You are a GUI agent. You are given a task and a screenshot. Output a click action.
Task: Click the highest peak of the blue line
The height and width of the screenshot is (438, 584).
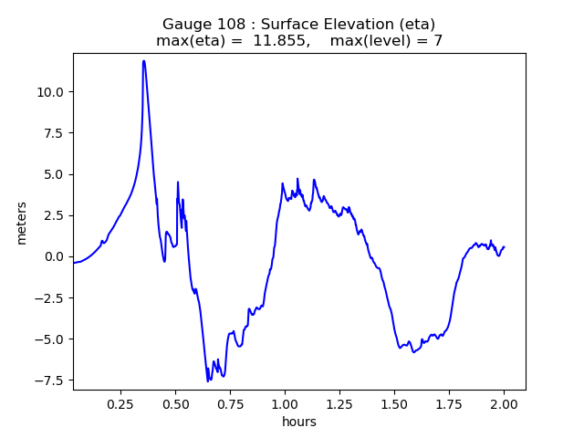click(144, 61)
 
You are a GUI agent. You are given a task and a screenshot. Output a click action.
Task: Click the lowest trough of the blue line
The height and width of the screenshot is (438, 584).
click(208, 381)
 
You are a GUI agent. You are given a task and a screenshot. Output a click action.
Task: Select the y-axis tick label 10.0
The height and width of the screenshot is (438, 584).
click(50, 91)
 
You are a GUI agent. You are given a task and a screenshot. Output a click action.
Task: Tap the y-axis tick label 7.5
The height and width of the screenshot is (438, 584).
click(54, 132)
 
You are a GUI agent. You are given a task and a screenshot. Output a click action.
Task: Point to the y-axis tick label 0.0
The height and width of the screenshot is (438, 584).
click(54, 256)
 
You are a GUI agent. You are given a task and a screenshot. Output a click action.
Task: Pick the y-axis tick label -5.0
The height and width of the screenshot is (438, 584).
click(50, 339)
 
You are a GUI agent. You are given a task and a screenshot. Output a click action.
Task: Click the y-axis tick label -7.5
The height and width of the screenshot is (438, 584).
click(50, 381)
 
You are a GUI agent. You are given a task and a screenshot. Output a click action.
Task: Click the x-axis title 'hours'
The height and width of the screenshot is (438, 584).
click(299, 421)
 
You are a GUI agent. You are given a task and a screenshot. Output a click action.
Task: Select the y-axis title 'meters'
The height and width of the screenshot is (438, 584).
click(21, 223)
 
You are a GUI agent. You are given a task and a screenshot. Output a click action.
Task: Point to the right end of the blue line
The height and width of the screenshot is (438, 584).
click(504, 247)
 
